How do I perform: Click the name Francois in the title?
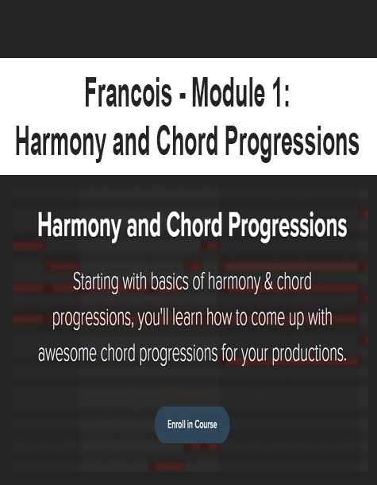[128, 92]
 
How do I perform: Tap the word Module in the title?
[228, 92]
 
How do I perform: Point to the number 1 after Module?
[276, 92]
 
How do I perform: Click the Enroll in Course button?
[192, 424]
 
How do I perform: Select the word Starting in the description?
[95, 283]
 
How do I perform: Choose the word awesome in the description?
[67, 354]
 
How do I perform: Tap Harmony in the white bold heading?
[79, 226]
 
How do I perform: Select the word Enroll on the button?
[176, 424]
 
